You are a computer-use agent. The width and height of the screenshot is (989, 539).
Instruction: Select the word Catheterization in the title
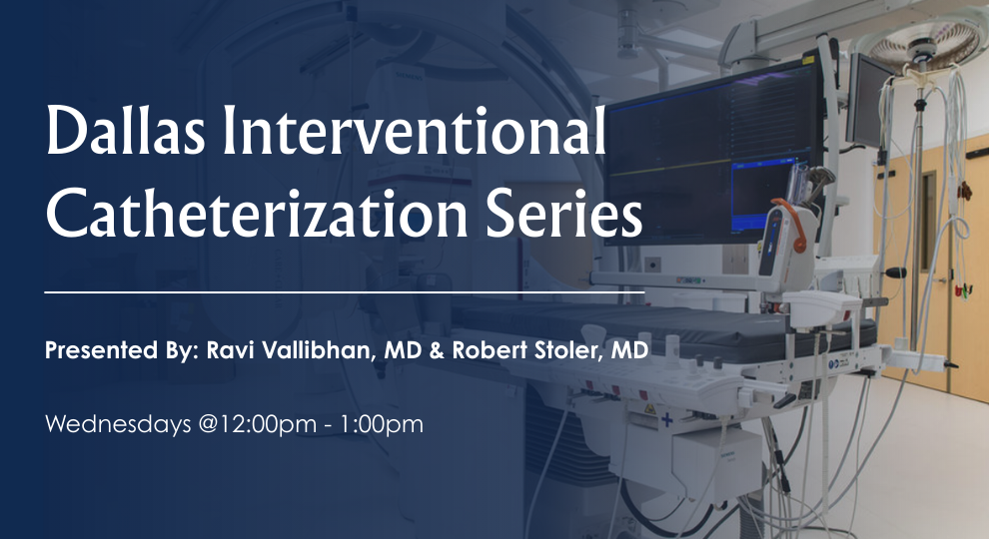coord(239,212)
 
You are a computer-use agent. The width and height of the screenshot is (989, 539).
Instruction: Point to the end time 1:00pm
coord(384,424)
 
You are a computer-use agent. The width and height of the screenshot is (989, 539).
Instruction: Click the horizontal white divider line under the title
coord(345,292)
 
